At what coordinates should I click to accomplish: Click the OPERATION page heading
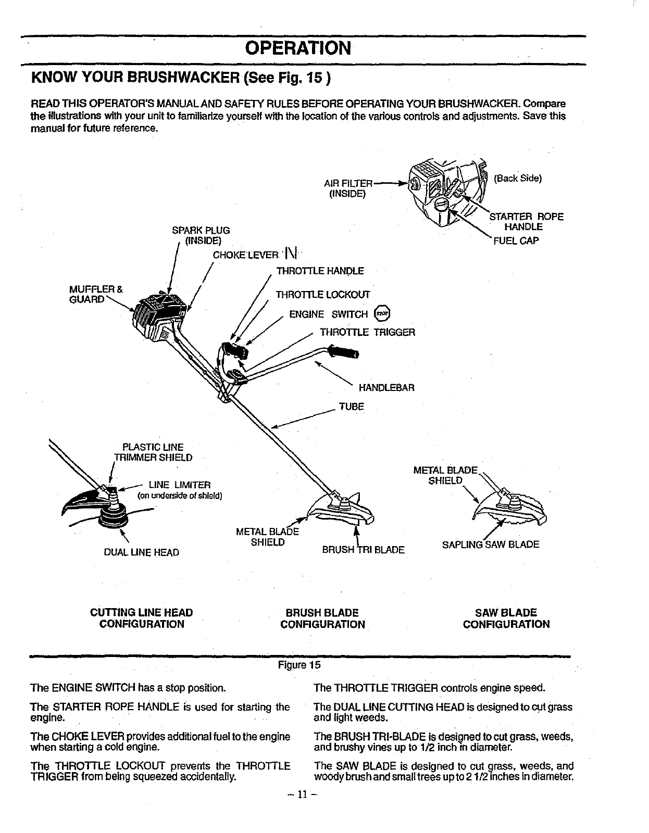coord(298,48)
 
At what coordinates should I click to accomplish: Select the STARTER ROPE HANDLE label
coord(526,222)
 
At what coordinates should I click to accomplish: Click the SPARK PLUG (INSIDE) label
coord(201,235)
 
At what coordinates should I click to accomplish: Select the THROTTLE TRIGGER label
coord(367,332)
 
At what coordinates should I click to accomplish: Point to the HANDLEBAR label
coord(386,388)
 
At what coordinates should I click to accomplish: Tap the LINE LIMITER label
coord(179,485)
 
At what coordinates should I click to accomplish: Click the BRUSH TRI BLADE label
coord(363,549)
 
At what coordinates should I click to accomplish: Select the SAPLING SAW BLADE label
coord(490,545)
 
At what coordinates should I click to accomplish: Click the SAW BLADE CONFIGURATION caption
coord(506,618)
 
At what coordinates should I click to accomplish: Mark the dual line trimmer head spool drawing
coord(114,512)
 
